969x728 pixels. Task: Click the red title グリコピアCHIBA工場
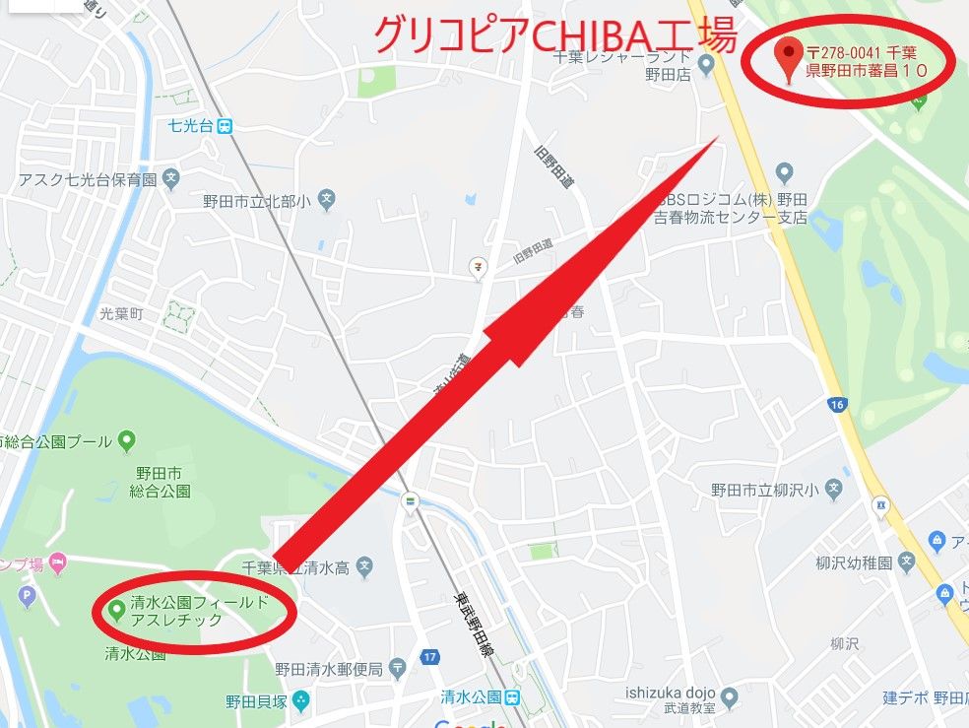tap(554, 36)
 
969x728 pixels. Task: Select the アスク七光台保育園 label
tap(88, 180)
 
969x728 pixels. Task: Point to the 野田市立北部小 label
tap(257, 201)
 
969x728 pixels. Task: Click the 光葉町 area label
tap(121, 313)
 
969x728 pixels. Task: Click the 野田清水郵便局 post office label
tap(328, 669)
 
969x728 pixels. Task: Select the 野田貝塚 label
tap(254, 701)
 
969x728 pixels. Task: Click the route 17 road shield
tap(429, 657)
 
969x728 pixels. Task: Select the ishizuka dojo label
tap(670, 693)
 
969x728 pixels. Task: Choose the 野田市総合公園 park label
tap(159, 482)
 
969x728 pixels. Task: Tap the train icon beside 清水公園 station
tap(513, 696)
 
